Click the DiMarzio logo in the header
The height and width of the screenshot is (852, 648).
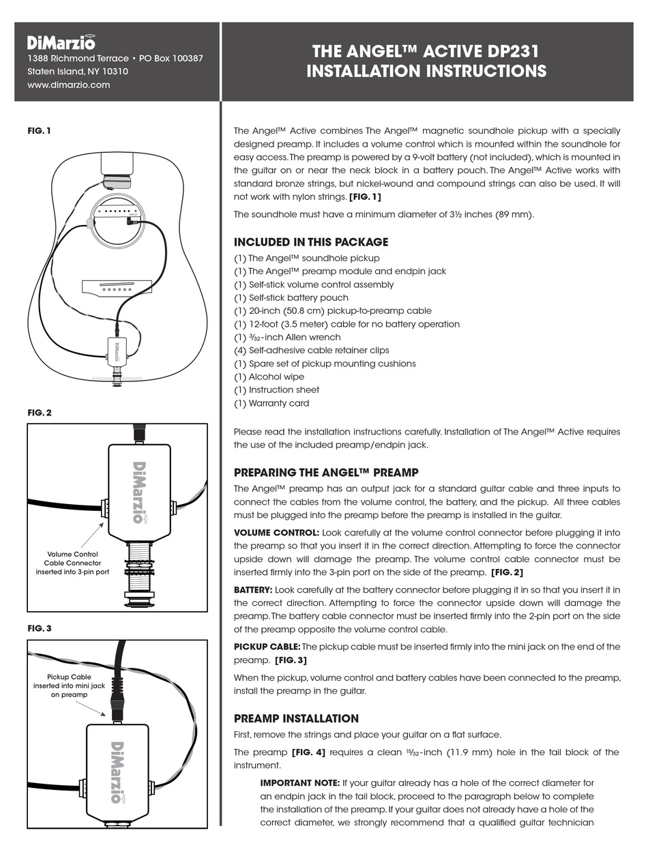61,42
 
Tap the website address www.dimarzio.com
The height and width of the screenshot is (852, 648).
69,85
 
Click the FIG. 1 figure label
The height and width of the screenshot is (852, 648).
39,130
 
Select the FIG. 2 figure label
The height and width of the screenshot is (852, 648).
40,413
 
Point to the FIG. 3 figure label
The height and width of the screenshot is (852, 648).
40,628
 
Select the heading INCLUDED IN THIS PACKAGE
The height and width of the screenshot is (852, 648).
310,242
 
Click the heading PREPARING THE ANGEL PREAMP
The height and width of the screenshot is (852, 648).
326,472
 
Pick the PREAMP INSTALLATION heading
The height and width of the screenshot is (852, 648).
296,718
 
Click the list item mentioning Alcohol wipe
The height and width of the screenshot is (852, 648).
269,377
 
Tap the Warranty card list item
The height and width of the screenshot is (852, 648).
271,403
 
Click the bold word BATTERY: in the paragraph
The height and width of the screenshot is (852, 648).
253,589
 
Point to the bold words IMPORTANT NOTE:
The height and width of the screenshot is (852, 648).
299,783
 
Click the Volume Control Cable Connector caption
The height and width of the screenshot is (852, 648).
72,563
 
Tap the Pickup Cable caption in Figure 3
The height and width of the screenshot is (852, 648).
69,686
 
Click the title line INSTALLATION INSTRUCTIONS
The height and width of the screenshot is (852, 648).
426,72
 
